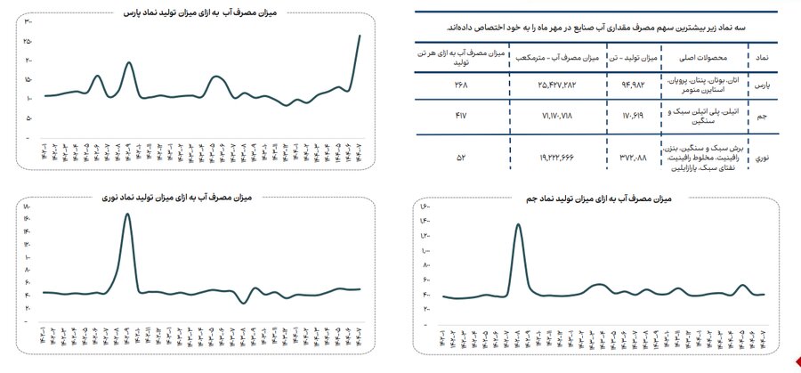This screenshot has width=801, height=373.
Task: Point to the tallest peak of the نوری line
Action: coord(128,215)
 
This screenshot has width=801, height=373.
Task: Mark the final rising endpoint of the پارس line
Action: coord(359,36)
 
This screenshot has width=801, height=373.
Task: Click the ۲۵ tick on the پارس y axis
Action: coord(28,41)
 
